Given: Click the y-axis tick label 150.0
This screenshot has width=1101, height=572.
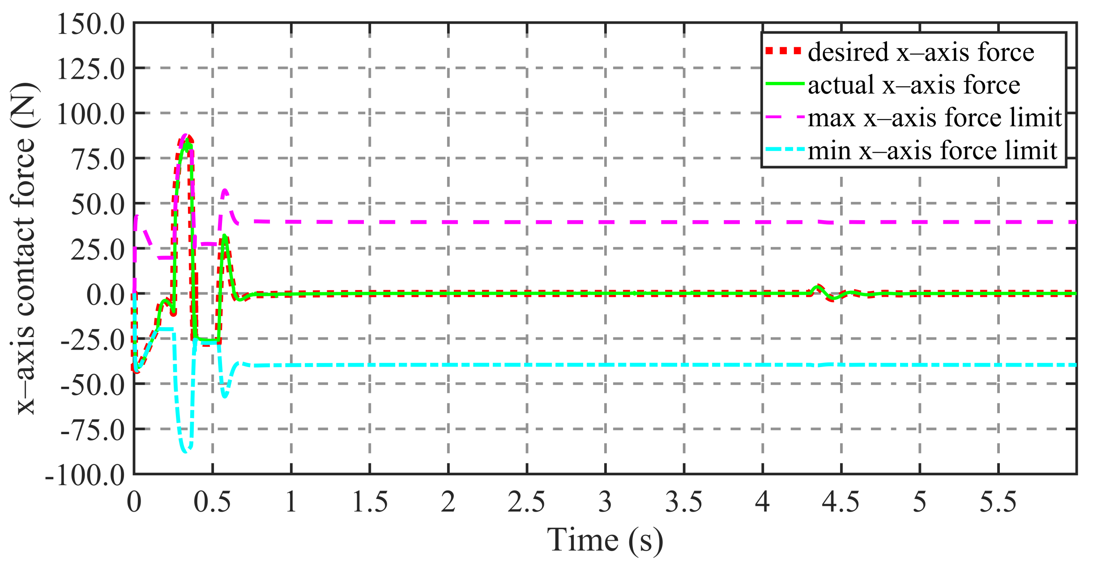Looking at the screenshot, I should point(90,24).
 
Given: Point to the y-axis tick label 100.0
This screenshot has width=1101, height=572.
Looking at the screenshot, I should point(90,115).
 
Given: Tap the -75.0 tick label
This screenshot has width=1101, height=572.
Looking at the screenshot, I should point(93,431).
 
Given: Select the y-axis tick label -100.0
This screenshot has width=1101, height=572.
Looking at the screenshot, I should point(85,476).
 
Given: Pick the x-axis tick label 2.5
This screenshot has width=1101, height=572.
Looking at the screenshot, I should point(526,502).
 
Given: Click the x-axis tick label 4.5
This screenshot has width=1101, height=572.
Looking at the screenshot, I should point(841,502).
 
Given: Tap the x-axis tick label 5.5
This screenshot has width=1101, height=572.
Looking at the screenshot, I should point(998,502).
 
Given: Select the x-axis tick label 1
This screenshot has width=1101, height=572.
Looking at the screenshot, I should point(291,502).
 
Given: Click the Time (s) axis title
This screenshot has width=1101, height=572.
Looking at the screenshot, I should point(605,540).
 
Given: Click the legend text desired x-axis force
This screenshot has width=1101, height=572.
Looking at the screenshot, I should point(921,52).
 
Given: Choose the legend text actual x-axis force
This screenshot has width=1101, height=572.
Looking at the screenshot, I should point(914,85).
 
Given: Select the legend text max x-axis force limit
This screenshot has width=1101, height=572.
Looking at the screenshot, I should point(935,118).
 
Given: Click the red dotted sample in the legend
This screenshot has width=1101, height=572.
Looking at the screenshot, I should point(783,51).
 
